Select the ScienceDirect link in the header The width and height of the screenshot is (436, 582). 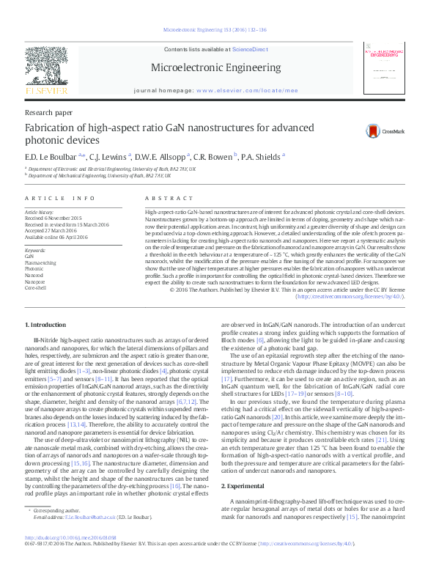tap(249, 48)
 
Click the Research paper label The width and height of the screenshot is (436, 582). tap(48, 113)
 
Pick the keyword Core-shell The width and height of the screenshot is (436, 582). tap(35, 288)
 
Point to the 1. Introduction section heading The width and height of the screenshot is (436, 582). tap(47, 324)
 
